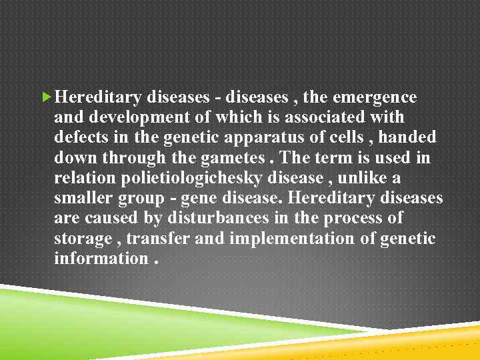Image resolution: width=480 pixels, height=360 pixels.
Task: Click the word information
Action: [100, 258]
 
